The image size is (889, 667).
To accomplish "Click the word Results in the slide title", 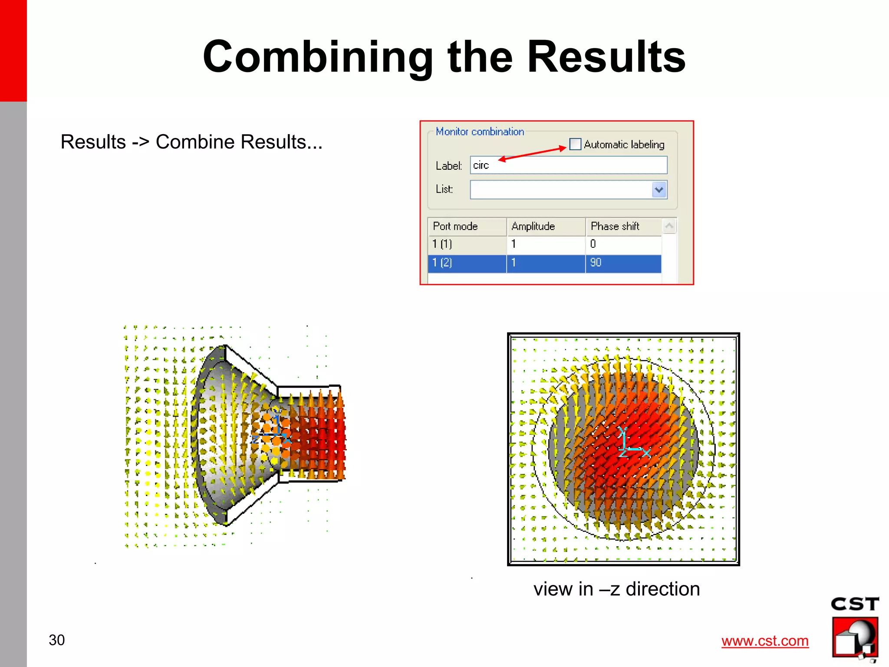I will coord(606,57).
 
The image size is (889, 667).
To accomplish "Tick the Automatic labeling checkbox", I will coord(575,144).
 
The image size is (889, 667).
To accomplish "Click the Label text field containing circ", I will coord(568,165).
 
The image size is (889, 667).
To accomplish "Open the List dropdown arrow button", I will coord(659,190).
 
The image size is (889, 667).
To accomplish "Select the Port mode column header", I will coord(467,227).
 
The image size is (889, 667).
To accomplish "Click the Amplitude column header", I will coord(545,227).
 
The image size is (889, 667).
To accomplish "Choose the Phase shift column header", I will coord(623,227).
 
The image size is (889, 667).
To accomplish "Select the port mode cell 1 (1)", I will coord(467,244).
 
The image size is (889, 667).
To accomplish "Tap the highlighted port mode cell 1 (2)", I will coord(467,263).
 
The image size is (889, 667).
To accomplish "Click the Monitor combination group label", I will coord(480,131).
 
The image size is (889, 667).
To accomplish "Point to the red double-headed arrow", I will coord(533,154).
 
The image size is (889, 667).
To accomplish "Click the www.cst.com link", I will coord(764,641).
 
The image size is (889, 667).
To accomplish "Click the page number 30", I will coord(56,640).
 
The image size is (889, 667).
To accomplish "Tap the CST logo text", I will coord(854,604).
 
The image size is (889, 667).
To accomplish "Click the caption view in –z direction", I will coord(616,589).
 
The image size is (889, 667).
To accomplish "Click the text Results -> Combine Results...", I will coord(191,142).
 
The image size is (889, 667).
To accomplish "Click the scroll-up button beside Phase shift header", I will coord(669,226).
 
